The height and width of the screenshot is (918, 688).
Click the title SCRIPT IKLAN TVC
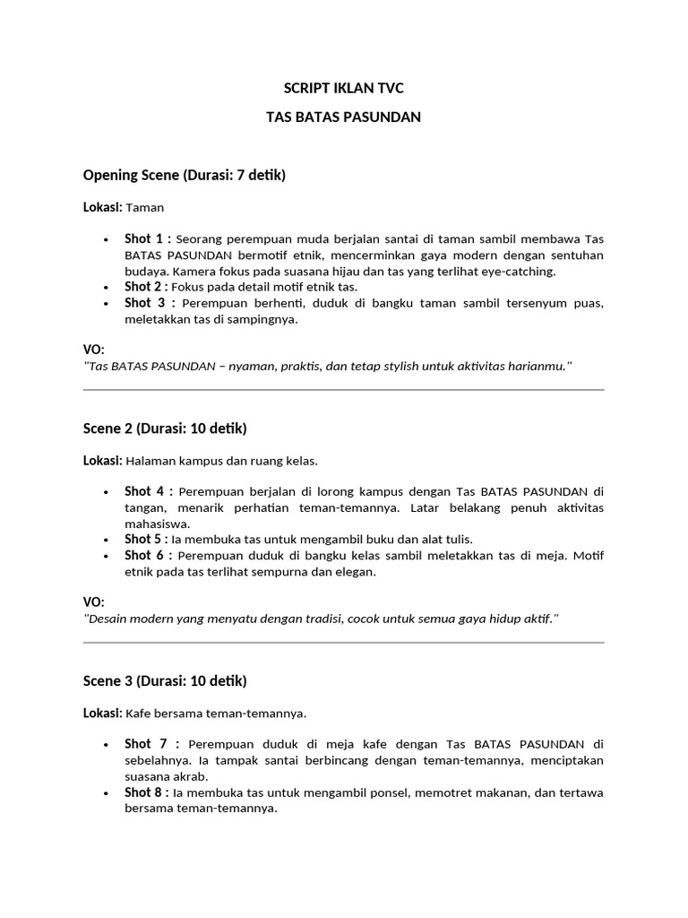344,88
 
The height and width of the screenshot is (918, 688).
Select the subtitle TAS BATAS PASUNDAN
344,117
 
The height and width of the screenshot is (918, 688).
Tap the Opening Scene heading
184,175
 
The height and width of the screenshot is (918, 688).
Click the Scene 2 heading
164,429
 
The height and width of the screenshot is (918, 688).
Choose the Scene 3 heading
164,680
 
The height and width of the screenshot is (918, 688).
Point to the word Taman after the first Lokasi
145,207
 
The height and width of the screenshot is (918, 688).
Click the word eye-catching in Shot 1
521,271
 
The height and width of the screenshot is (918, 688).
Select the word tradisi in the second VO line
321,619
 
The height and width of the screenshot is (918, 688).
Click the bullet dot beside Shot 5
106,540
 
